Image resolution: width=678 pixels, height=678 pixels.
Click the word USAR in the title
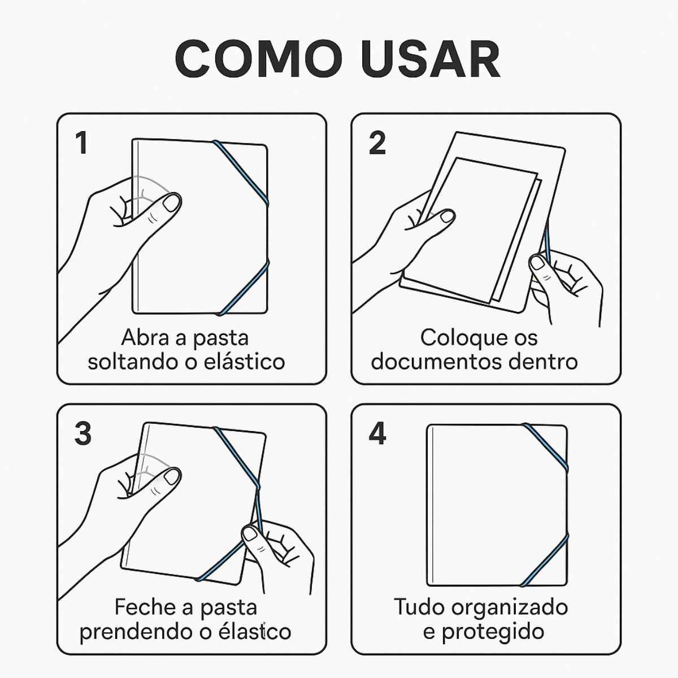pos(429,59)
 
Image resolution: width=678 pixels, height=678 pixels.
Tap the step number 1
pos(81,143)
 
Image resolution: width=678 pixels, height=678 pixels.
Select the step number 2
pos(377,143)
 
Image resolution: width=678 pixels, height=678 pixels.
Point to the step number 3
pos(83,434)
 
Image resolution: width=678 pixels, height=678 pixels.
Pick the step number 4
pos(377,434)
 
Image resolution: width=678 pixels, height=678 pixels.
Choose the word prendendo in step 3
pos(134,632)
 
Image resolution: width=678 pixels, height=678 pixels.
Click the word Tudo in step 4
pos(419,606)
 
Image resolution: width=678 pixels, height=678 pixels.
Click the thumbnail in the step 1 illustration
pos(172,203)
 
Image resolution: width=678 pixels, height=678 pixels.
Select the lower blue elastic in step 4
pos(544,561)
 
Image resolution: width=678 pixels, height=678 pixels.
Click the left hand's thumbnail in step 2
pos(447,216)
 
